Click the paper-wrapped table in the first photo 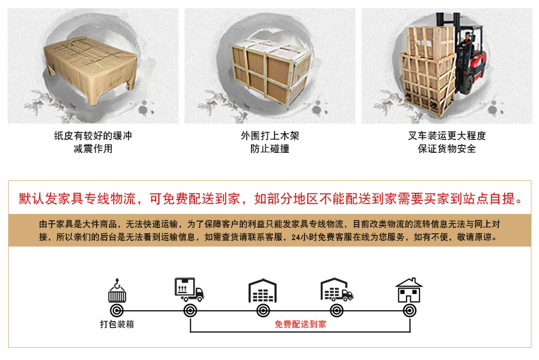(x=90, y=70)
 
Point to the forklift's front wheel (x=466, y=85)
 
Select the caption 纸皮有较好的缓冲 (x=93, y=136)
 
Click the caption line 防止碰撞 (x=270, y=149)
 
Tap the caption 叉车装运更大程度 (x=447, y=136)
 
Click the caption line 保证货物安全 (x=447, y=149)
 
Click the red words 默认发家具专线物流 (x=77, y=198)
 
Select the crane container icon (x=117, y=290)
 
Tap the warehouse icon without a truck (x=263, y=290)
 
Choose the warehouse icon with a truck (x=336, y=290)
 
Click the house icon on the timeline (x=409, y=290)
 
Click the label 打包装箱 (x=117, y=325)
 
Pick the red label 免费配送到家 (x=300, y=325)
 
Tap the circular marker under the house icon (x=409, y=311)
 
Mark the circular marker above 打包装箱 (x=117, y=311)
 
